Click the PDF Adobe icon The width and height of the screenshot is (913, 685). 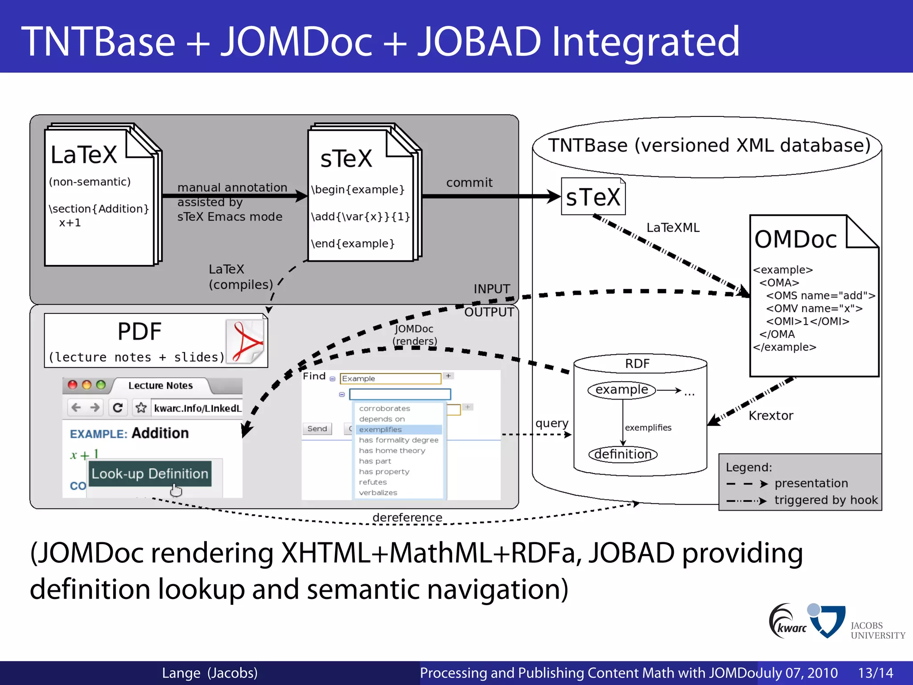pos(246,341)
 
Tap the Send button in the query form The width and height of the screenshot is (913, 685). pos(317,429)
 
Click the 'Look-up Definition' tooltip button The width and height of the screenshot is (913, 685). pos(150,474)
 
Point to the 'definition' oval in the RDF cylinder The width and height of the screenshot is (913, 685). pos(623,454)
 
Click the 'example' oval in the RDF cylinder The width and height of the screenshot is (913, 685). pos(621,390)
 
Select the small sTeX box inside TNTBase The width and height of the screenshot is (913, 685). pos(593,197)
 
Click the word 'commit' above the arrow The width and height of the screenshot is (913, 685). pos(469,182)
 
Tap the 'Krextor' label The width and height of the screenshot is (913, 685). pos(771,416)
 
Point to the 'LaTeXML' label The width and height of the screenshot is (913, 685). pos(673,228)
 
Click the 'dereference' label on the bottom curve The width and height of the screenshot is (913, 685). pos(407,517)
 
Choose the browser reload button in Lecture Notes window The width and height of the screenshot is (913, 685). pos(118,408)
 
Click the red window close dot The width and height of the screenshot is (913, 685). pos(73,385)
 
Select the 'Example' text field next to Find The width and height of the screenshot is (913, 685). pos(390,379)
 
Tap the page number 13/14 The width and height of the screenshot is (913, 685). pos(875,673)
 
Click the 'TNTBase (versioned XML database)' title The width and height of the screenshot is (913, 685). pos(709,145)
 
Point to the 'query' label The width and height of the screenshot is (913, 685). pos(552,423)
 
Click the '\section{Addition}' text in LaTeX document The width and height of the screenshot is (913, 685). pos(99,209)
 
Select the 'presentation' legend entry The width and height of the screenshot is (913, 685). pos(811,483)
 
